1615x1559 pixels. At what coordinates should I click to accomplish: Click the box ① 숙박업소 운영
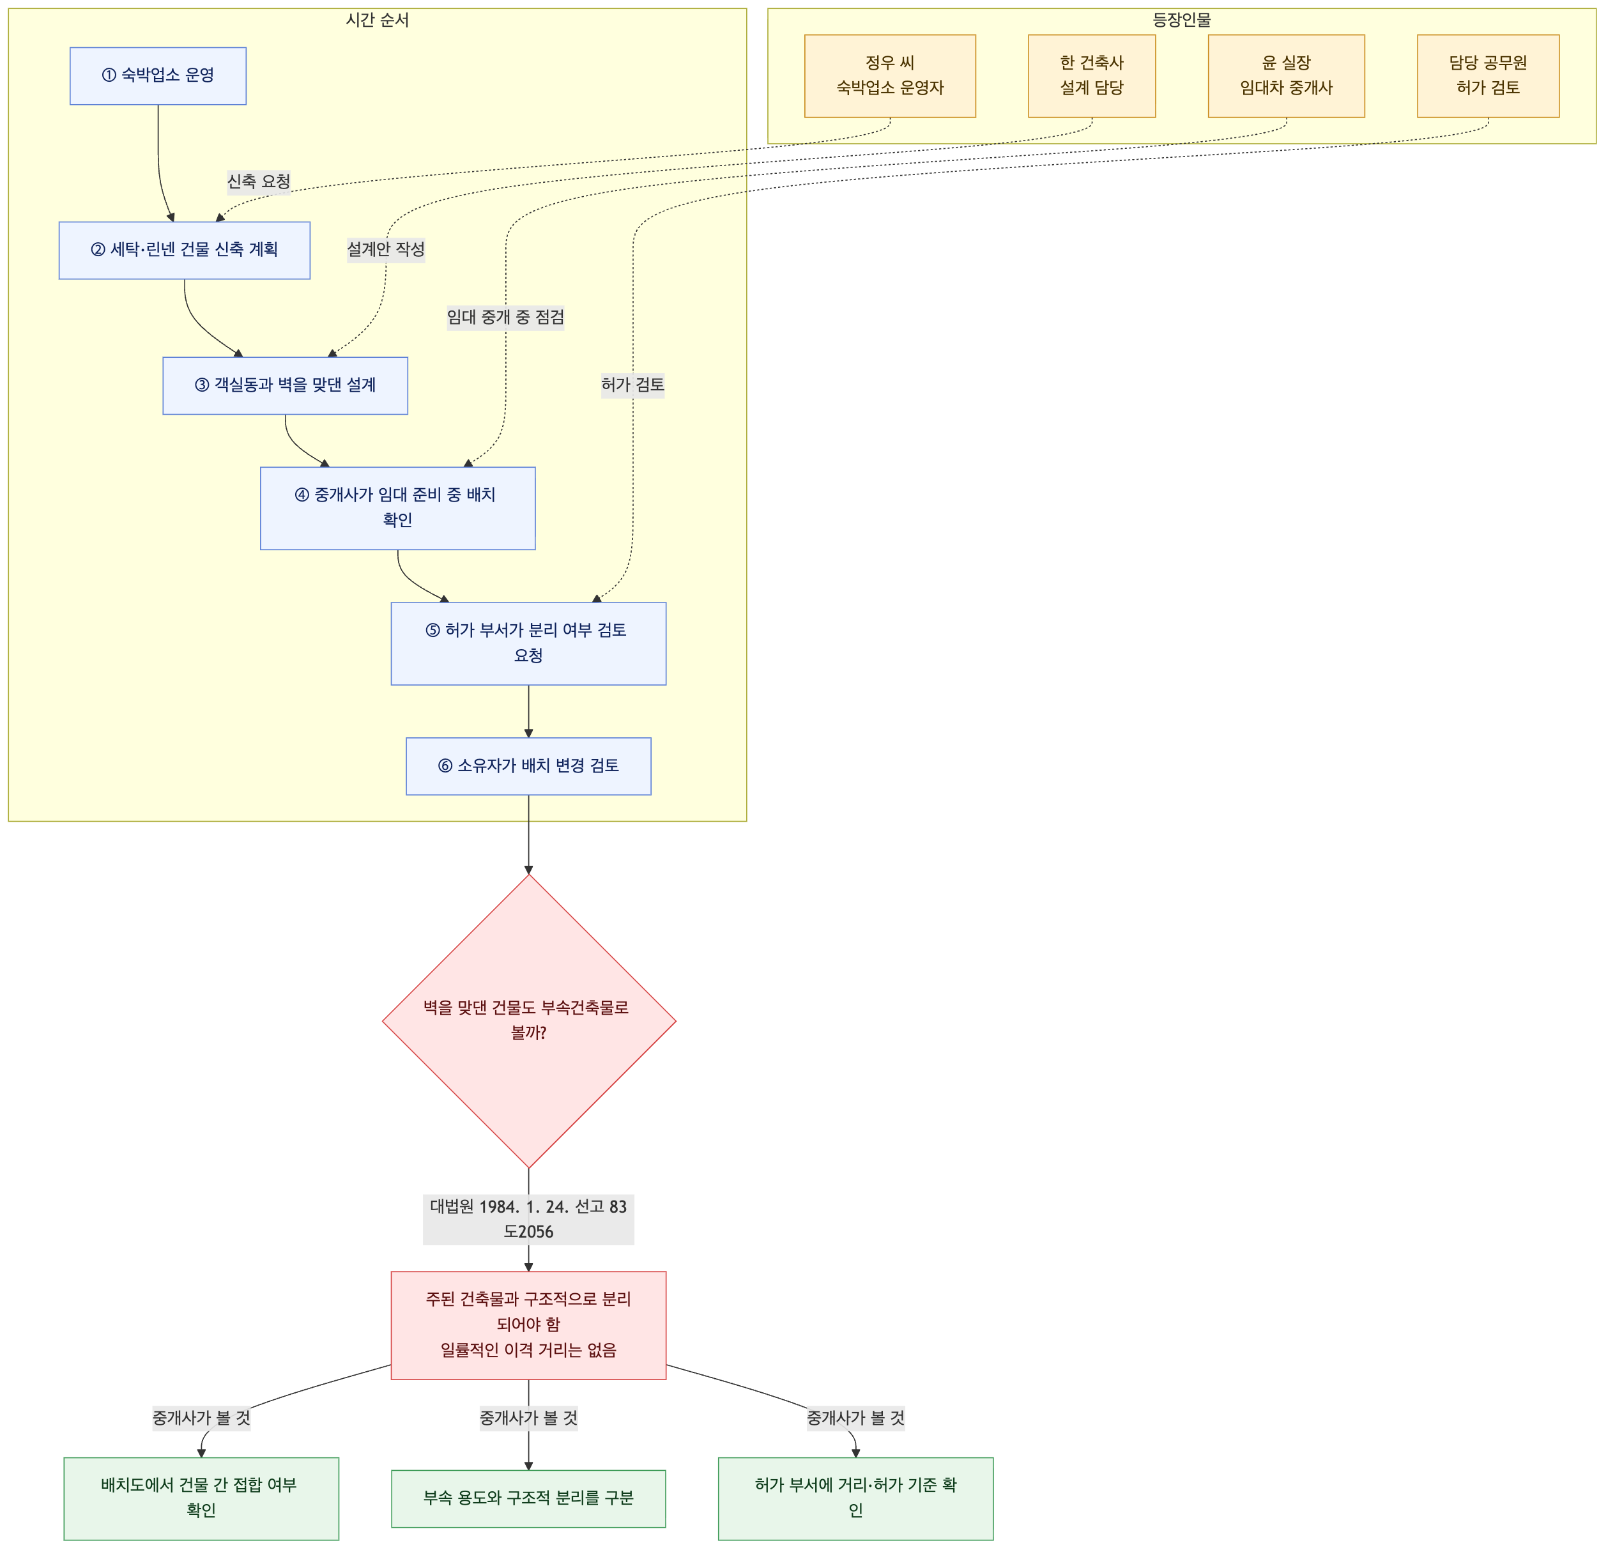[158, 76]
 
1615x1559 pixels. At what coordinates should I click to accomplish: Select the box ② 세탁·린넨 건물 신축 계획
[185, 250]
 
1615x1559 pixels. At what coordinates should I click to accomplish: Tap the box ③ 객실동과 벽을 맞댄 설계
[285, 386]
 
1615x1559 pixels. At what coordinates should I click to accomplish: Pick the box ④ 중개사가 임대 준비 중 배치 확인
[398, 509]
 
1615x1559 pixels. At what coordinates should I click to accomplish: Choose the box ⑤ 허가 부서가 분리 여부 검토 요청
[529, 643]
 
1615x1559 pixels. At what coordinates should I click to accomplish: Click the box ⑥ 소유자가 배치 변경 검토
[529, 766]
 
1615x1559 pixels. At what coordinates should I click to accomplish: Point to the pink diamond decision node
[529, 1021]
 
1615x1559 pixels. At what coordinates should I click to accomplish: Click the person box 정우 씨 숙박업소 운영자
[891, 76]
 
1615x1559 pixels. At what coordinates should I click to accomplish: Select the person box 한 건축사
[1092, 76]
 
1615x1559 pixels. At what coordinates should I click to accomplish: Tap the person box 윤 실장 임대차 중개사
[1287, 76]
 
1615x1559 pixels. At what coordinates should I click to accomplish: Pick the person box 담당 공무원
[1489, 76]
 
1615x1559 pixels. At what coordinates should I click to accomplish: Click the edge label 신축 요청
[259, 181]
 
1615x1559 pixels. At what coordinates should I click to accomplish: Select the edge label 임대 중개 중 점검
[506, 318]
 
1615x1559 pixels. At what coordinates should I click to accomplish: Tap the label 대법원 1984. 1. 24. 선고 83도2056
[529, 1220]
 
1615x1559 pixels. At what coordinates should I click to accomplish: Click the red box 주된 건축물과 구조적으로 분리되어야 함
[529, 1326]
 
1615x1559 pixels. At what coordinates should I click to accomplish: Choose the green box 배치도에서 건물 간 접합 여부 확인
[201, 1499]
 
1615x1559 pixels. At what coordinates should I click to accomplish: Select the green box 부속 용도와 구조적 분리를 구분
[529, 1499]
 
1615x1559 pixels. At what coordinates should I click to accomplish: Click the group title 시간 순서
[378, 20]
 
